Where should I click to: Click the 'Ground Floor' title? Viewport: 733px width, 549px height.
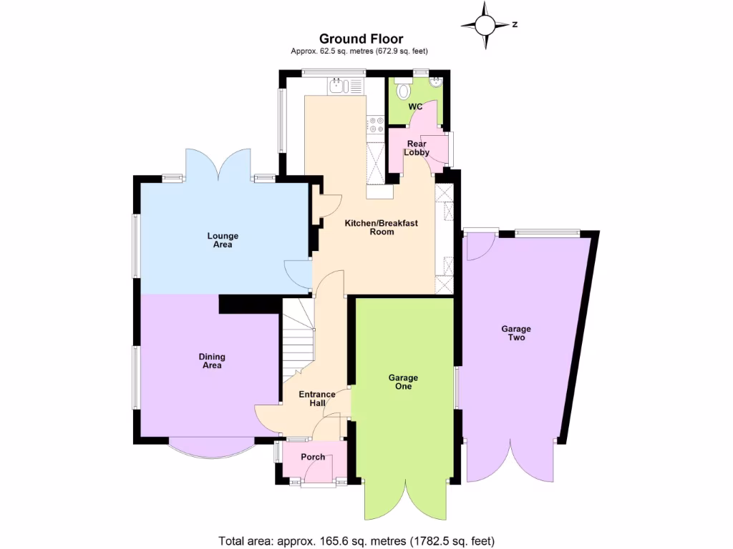coord(361,39)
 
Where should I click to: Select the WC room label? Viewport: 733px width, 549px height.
coord(415,107)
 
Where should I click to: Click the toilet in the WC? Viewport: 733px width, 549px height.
coord(404,90)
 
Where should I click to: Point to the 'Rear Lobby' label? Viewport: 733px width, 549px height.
coord(416,148)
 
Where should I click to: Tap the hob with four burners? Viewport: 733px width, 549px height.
coord(376,124)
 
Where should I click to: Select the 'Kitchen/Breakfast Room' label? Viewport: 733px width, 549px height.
coord(381,227)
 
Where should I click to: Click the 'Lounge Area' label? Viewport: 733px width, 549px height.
coord(223,240)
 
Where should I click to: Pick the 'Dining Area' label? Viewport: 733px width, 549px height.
coord(212,361)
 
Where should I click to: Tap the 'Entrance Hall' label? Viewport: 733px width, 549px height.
coord(317,399)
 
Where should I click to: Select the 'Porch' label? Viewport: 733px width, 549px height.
coord(313,457)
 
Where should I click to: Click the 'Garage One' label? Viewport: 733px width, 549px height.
coord(403,382)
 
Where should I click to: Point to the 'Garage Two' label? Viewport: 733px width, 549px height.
coord(516,333)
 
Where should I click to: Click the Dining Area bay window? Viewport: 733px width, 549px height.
coord(211,448)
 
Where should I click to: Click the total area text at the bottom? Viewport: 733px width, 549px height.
coord(356,540)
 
